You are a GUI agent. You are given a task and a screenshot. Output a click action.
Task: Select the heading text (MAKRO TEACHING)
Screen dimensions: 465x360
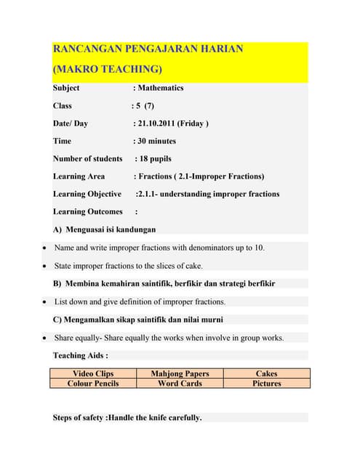tap(108, 69)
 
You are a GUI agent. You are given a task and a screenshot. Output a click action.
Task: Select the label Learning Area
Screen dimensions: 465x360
tap(79, 176)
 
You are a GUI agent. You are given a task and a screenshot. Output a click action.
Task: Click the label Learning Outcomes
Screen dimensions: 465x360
tap(87, 211)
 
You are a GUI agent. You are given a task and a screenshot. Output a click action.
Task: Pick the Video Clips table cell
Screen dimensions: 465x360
tap(93, 373)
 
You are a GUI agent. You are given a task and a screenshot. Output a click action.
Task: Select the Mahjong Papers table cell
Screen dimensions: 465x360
tap(180, 373)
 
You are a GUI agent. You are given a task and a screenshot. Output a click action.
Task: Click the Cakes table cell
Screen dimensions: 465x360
tap(267, 373)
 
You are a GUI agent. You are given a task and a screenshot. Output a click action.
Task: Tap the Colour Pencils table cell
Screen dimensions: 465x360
tap(93, 383)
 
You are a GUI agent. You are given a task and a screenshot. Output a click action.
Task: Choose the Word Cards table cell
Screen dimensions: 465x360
tap(180, 383)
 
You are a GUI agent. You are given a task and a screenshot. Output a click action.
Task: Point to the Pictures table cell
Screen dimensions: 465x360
tap(267, 383)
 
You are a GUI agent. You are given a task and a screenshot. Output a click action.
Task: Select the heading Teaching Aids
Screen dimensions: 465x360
tap(80, 355)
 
